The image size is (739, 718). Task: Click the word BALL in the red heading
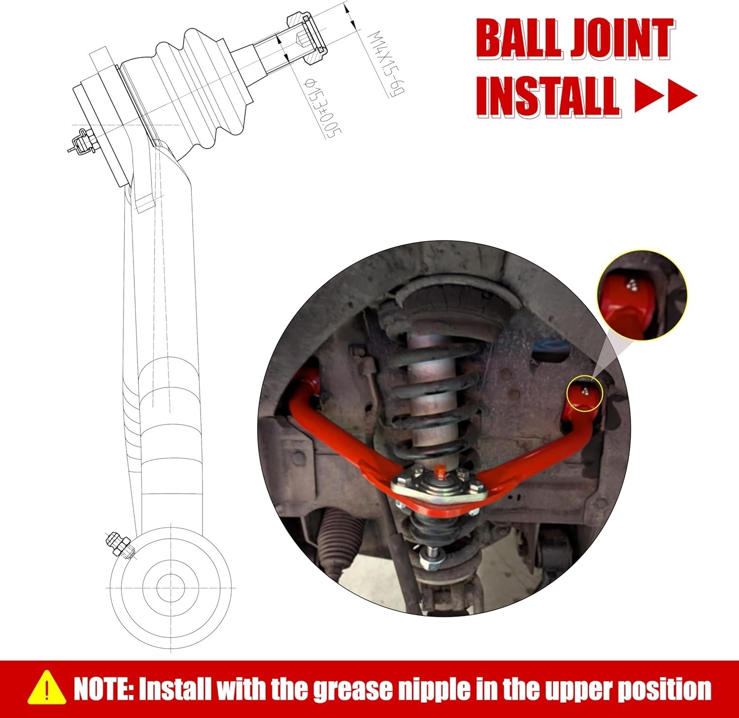point(519,38)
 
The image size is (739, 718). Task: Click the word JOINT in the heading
point(622,38)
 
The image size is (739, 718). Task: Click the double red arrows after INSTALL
point(666,97)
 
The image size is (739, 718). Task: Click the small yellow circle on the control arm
point(584,394)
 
